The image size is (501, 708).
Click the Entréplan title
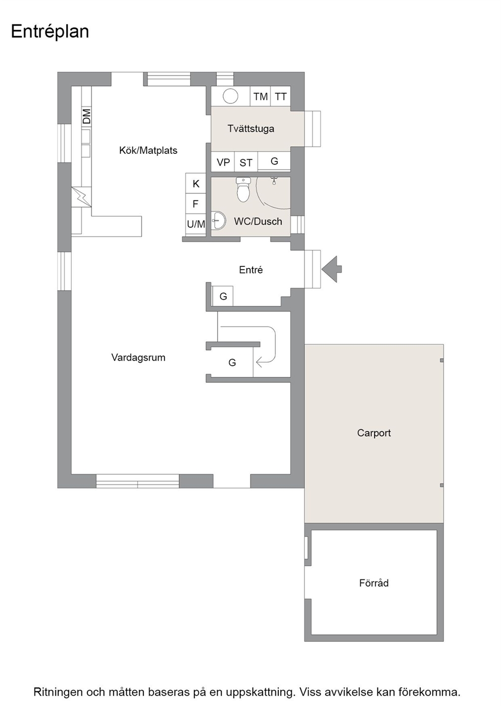coord(50,32)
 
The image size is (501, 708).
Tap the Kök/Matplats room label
coord(148,150)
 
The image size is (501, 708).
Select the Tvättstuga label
coord(251,129)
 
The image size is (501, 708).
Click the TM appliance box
coord(260,96)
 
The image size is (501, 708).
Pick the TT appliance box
coord(280,96)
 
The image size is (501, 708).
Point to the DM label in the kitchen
coord(86,116)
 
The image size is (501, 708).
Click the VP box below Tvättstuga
coord(223,162)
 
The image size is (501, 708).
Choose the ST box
coord(246,162)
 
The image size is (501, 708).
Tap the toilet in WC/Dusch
coord(243,189)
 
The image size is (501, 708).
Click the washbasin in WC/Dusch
coord(219,220)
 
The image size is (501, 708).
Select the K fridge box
coord(196,183)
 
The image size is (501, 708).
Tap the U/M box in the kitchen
coord(196,224)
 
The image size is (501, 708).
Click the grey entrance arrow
coord(332,269)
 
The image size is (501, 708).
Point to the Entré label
coord(251,270)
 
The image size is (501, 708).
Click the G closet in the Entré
coord(223,296)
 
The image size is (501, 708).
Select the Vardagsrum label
coord(138,357)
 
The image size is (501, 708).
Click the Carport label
coord(374,432)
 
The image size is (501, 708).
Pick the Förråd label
coord(374,583)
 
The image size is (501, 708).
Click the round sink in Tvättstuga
coord(230,96)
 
